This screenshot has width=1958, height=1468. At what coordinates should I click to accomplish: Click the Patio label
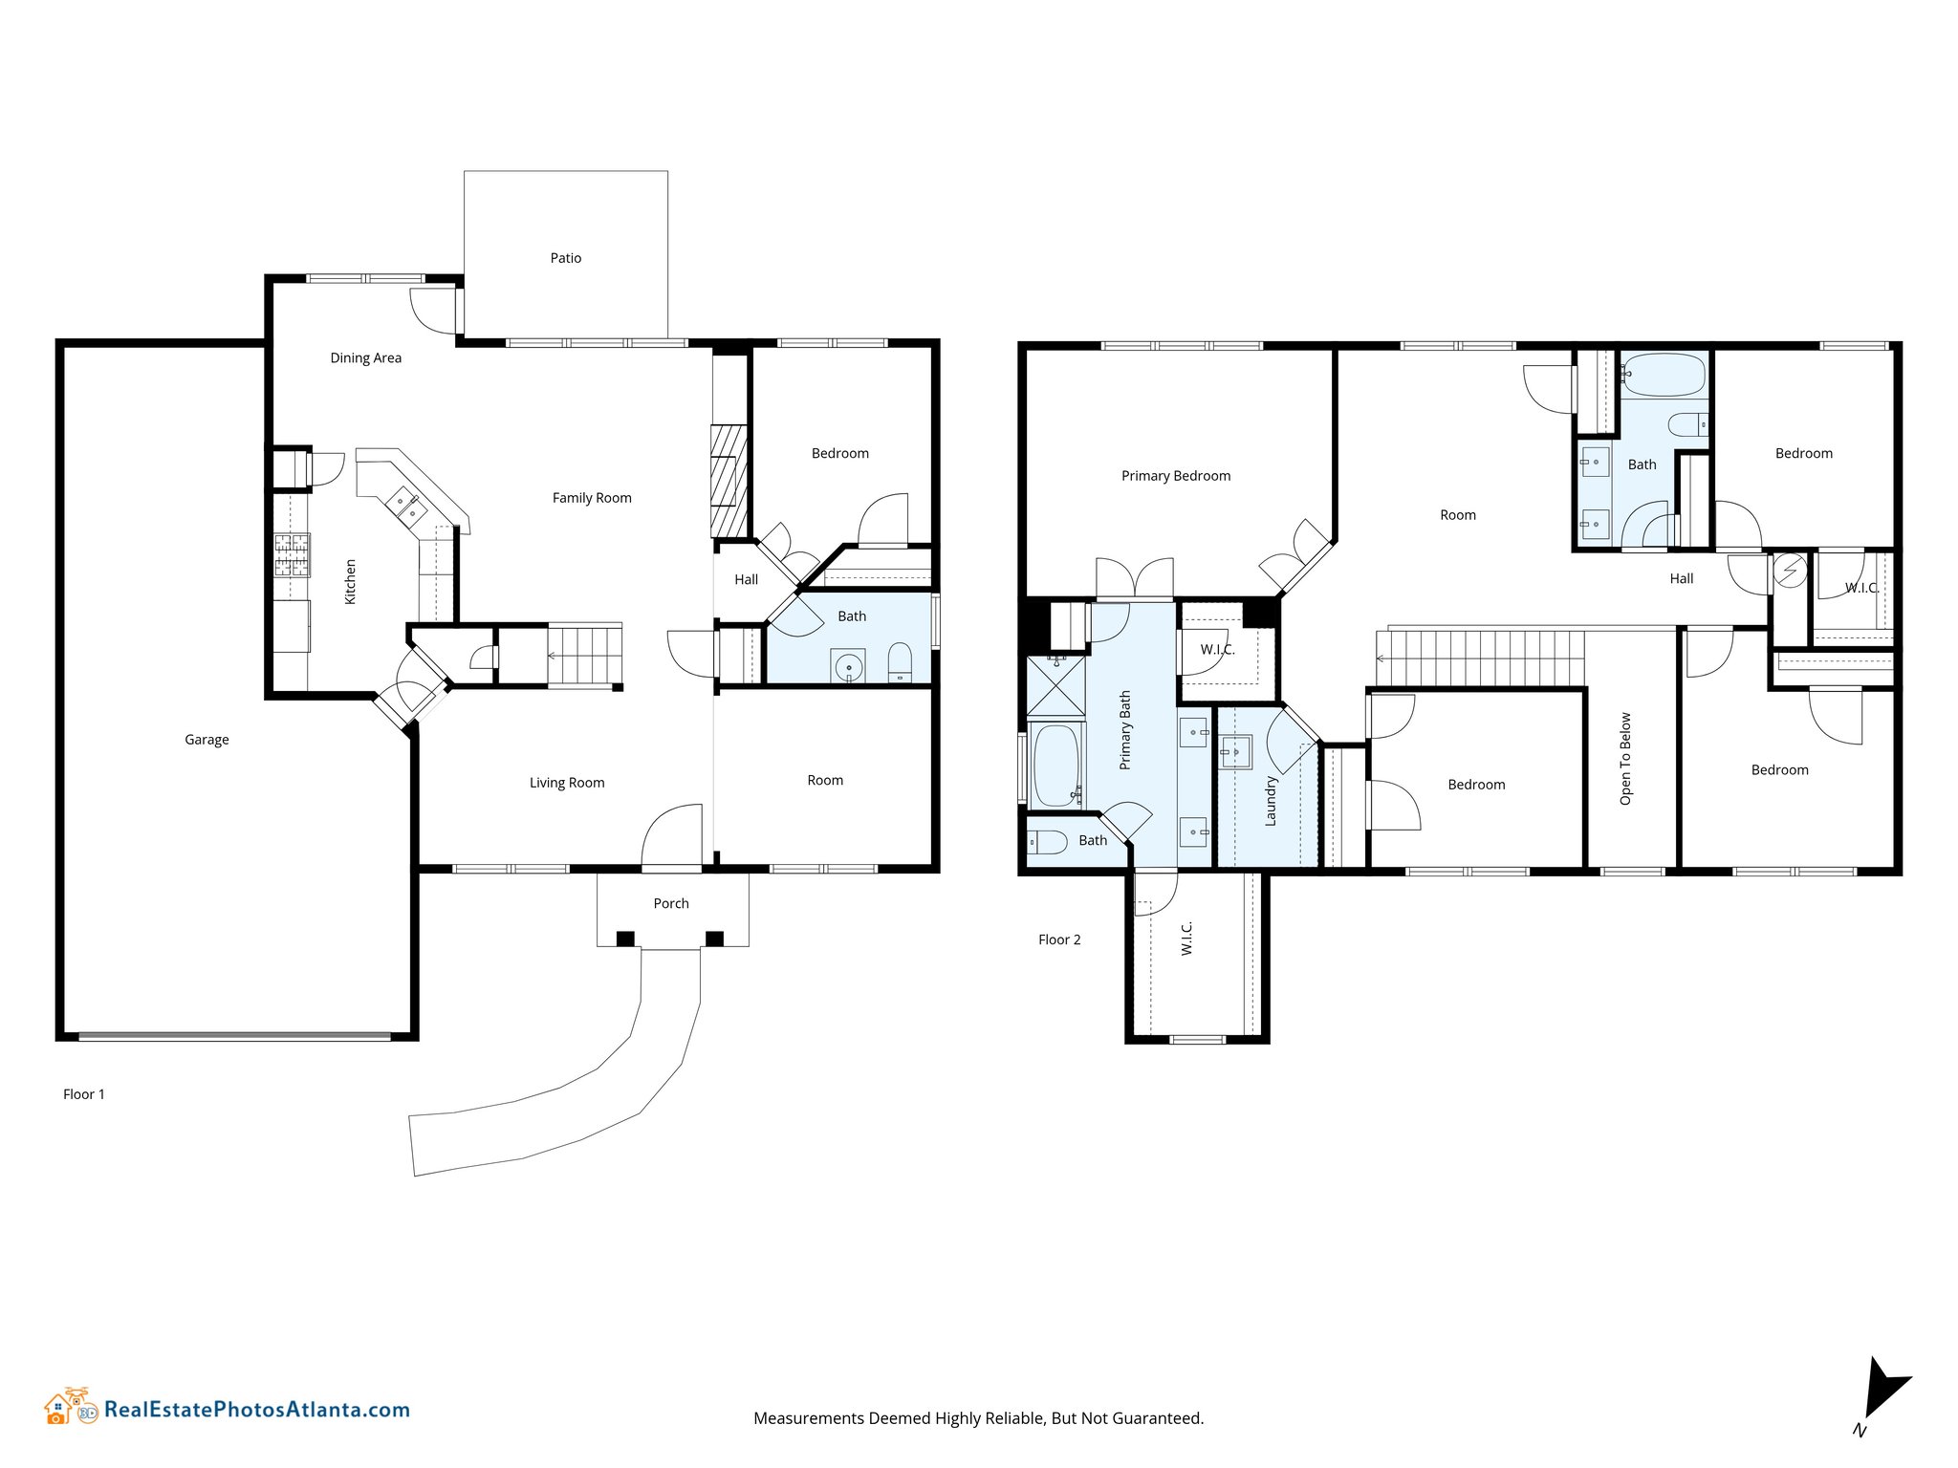coord(565,258)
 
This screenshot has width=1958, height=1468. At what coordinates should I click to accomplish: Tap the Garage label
coord(207,740)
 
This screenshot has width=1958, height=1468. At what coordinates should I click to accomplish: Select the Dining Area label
coord(365,358)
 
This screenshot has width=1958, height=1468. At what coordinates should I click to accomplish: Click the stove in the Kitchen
coord(292,555)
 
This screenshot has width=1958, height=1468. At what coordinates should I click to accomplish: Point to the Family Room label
coord(592,498)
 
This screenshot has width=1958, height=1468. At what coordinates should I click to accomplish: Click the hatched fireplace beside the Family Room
coord(729,480)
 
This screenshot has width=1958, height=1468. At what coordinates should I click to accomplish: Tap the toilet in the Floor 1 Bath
coord(900,661)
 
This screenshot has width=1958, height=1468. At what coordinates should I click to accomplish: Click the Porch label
coord(671,903)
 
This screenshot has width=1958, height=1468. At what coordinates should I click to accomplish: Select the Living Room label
coord(567,783)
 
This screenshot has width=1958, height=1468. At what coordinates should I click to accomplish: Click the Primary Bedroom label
coord(1176,476)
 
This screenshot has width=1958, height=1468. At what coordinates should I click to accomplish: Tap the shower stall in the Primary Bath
coord(1055,685)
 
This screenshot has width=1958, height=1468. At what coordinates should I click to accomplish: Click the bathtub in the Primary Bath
coord(1055,766)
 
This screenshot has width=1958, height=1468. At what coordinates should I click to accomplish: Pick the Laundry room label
coord(1271,801)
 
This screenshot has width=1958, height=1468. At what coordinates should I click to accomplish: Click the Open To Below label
coord(1625,759)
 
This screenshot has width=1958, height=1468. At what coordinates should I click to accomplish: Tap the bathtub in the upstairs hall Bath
coord(1664,375)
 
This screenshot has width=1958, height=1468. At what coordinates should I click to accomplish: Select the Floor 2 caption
coord(1059,939)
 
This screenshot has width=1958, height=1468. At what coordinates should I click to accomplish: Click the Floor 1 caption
coord(84,1094)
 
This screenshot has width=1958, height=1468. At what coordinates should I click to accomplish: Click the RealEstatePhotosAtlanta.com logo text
coord(257,1410)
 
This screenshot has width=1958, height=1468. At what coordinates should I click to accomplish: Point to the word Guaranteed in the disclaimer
coord(1163,1418)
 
